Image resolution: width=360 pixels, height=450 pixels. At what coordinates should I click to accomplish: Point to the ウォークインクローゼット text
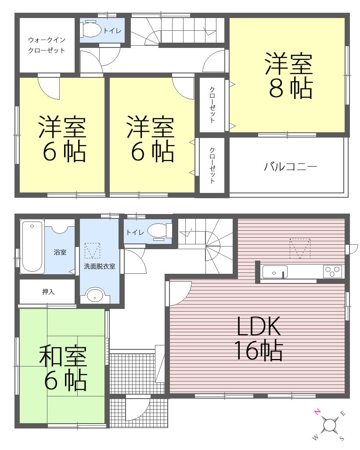[x=47, y=45]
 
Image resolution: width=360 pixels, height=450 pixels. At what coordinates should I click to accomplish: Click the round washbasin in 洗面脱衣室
[x=94, y=295]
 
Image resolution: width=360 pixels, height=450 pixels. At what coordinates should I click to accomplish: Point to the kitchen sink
[x=274, y=272]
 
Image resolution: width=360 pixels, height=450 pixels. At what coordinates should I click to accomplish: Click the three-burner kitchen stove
[x=332, y=272]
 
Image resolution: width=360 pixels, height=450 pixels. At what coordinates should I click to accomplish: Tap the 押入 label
[x=48, y=291]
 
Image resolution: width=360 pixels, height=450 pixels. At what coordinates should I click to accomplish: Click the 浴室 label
[x=60, y=253]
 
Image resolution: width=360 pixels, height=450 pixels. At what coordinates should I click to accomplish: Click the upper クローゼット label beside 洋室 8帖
[x=212, y=104]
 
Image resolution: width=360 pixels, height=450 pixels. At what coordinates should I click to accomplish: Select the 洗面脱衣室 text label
[x=99, y=266]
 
